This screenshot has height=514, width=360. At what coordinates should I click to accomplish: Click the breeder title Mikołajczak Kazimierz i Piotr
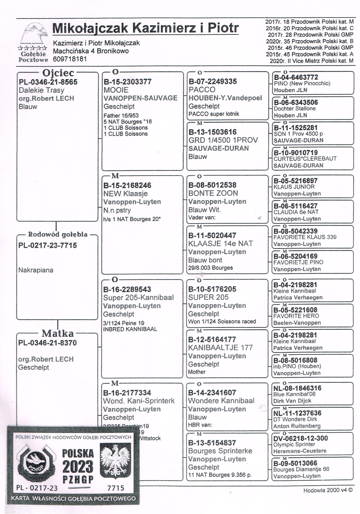(145, 28)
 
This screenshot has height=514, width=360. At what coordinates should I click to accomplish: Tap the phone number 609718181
(70, 59)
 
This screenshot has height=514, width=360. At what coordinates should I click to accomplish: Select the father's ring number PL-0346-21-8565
(48, 82)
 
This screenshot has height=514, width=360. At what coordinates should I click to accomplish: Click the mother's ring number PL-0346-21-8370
(47, 343)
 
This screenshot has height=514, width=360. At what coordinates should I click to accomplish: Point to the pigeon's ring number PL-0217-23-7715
(47, 245)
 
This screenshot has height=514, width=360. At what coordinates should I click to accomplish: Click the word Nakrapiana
(36, 270)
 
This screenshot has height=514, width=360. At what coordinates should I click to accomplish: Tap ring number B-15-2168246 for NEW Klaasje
(127, 185)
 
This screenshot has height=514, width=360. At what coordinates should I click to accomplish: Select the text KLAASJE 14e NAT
(220, 244)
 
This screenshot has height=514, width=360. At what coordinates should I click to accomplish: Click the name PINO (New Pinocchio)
(302, 83)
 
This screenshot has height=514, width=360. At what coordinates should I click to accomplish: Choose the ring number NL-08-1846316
(297, 388)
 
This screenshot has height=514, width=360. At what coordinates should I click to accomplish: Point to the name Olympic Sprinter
(294, 444)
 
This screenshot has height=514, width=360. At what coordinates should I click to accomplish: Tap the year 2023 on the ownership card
(78, 467)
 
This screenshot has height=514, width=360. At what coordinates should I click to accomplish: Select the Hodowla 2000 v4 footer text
(328, 490)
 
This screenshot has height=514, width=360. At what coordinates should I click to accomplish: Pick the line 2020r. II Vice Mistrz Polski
(311, 61)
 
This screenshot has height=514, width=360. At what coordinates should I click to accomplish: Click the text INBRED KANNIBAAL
(130, 329)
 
